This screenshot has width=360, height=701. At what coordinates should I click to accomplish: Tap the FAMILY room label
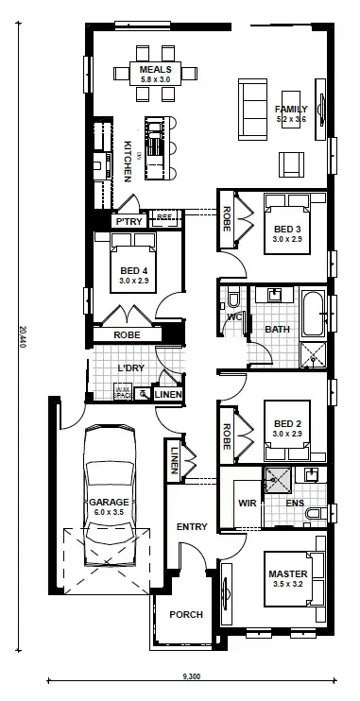point(292,109)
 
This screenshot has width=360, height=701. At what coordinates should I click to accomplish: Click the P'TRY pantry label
point(128,220)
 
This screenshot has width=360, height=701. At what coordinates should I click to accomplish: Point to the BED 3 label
point(287,229)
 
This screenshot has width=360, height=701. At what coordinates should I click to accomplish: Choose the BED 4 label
point(134,270)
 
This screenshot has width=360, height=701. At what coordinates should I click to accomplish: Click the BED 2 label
point(286,422)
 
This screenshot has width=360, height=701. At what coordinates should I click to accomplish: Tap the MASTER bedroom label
point(285,573)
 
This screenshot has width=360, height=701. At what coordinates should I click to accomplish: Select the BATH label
point(277,329)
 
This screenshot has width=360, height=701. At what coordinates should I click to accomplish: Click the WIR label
point(248,503)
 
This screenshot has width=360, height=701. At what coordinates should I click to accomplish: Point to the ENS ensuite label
point(294,503)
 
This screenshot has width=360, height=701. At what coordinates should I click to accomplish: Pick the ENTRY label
point(192,526)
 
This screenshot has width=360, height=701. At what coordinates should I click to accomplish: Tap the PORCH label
point(186,614)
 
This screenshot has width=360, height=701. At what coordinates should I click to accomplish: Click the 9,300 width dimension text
point(192,676)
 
